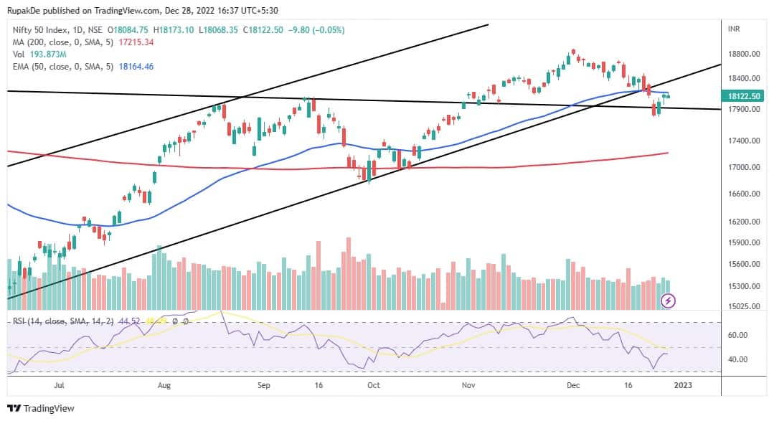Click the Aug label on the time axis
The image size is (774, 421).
tap(164, 385)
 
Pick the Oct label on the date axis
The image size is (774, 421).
tap(373, 385)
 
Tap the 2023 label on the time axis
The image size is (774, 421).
tap(683, 385)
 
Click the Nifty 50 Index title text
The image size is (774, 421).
tap(40, 30)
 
